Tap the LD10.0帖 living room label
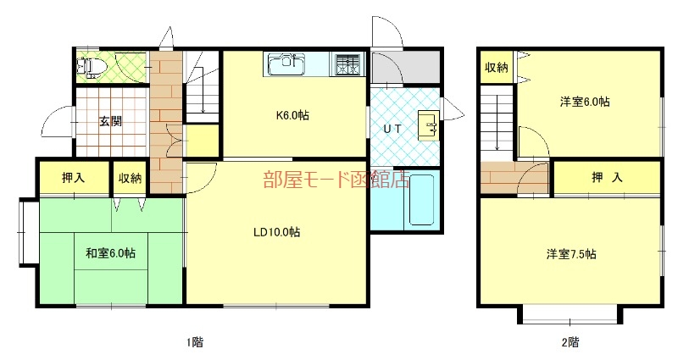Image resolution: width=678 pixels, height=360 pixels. [x=276, y=232]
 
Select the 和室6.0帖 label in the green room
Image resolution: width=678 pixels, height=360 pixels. [x=111, y=252]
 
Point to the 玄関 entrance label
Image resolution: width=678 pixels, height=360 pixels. [x=111, y=121]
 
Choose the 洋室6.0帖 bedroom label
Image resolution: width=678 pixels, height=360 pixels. [x=585, y=102]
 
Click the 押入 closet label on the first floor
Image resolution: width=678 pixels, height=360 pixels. [x=73, y=178]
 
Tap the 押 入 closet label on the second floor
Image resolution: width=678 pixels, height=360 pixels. [x=607, y=178]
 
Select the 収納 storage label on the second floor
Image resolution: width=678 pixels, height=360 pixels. [x=497, y=68]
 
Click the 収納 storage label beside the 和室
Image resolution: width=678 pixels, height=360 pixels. [x=130, y=178]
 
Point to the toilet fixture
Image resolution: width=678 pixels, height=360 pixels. [x=91, y=66]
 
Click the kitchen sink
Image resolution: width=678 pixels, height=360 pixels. [x=287, y=64]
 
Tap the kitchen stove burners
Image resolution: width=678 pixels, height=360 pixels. [x=347, y=64]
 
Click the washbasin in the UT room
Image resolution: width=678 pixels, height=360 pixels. [x=428, y=125]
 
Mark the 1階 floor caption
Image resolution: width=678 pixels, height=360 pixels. [x=194, y=342]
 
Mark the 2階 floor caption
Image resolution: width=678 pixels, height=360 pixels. [x=570, y=342]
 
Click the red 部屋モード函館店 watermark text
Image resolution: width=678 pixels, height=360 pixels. [x=336, y=180]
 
